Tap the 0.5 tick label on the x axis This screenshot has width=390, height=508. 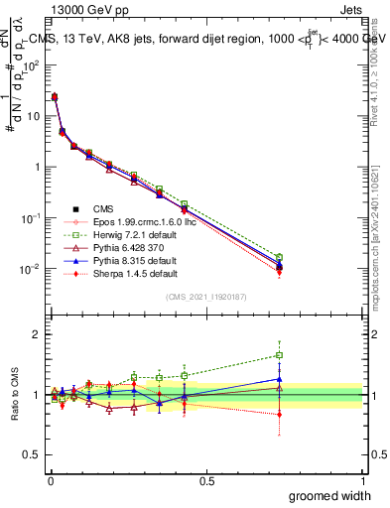(x=206, y=479)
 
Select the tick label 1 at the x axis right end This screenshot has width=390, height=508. (x=363, y=479)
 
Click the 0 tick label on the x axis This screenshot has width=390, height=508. (x=51, y=479)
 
